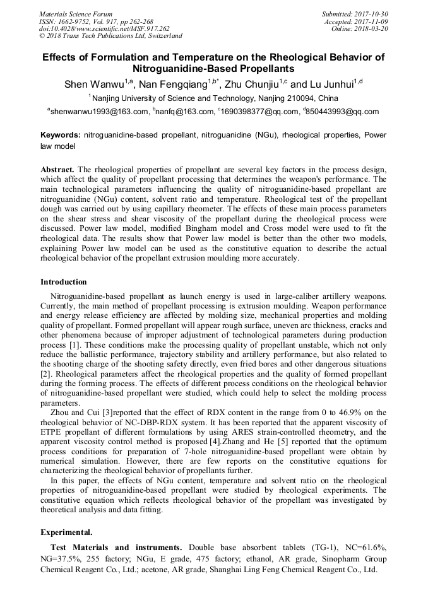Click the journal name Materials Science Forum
(x=76, y=14)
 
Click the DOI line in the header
(x=104, y=29)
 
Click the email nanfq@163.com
(x=184, y=112)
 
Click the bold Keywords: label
(x=61, y=136)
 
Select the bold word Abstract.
(x=57, y=170)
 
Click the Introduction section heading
(x=64, y=282)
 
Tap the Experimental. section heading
(x=66, y=532)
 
